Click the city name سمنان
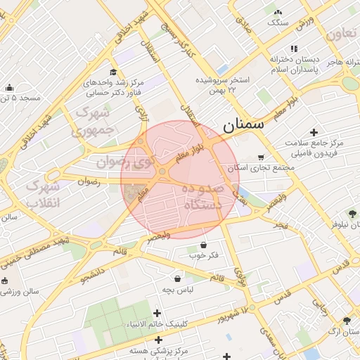pos(243,127)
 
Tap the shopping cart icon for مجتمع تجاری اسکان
pos(262,157)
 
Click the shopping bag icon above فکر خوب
pos(203,245)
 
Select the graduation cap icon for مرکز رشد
pos(113,72)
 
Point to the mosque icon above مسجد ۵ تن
pos(9,88)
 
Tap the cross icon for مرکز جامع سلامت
pos(314,132)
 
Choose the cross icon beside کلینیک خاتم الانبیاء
pos(157,313)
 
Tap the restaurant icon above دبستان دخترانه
pos(294,49)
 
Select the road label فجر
pos(281,225)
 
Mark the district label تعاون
pos(342,33)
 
